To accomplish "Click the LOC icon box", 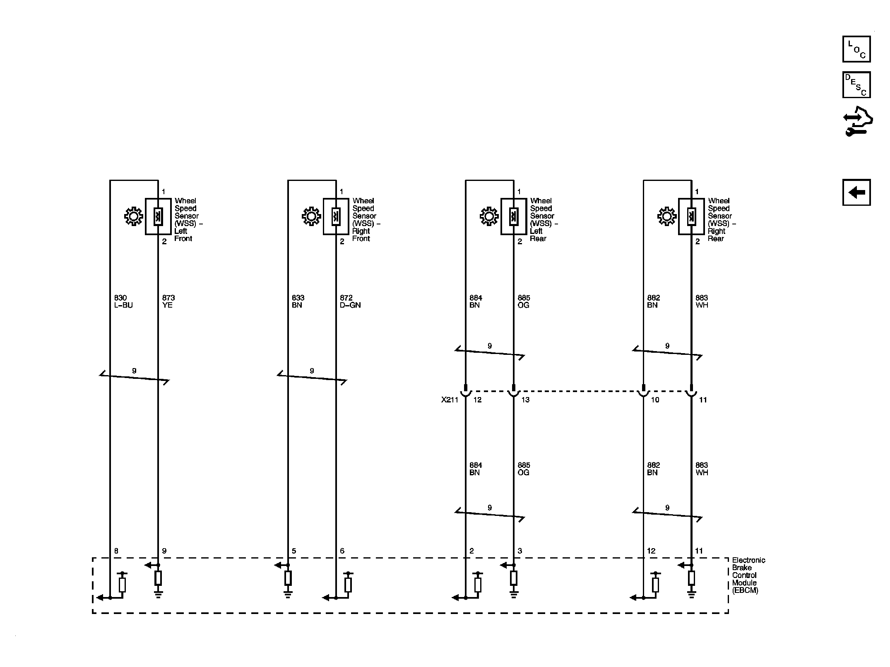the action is [856, 49].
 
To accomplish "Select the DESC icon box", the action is [856, 85].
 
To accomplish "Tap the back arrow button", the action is [856, 192].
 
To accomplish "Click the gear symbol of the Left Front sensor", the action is [134, 217].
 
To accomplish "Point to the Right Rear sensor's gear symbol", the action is [667, 217].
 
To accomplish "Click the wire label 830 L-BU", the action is [123, 301].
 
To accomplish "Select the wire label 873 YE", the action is [168, 301].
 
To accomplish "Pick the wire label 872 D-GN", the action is [350, 301].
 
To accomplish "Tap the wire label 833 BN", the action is [298, 301].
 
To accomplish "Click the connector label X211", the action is [450, 400].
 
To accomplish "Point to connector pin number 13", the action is [525, 400].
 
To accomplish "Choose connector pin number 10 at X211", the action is [655, 400].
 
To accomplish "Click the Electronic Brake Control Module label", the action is [748, 575].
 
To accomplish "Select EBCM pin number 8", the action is [116, 551].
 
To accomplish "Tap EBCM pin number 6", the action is [342, 551].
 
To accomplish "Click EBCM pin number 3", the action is [520, 551].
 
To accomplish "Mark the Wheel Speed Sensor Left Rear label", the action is [544, 219].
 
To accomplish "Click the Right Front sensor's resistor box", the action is [336, 217].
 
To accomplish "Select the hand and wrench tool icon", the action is [858, 122].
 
